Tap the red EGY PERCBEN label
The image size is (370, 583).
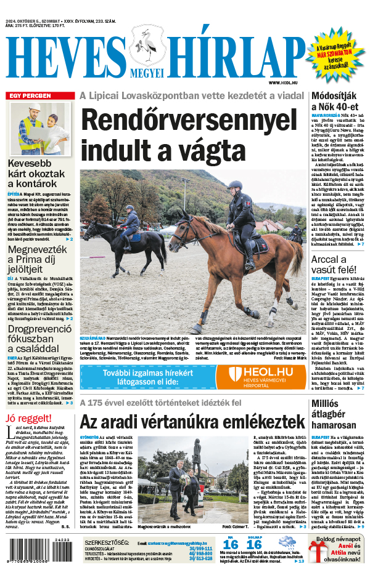[x=29, y=95]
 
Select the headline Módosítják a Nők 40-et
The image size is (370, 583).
[x=338, y=101]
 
